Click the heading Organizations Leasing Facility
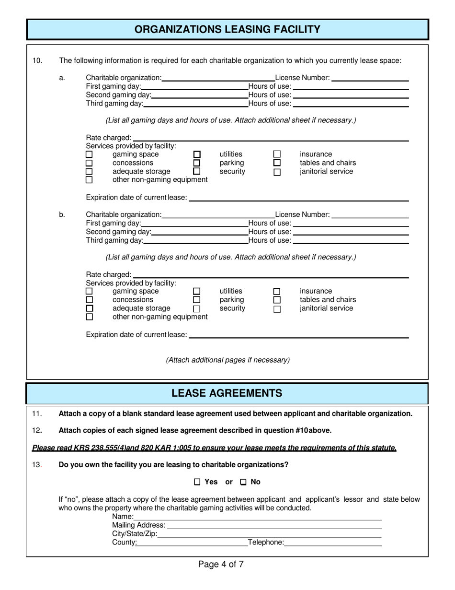click(227, 29)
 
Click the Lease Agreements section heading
click(227, 393)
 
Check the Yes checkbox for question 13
click(197, 482)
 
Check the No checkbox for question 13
click(243, 482)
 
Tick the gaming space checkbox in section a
click(89, 154)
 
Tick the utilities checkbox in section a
click(197, 154)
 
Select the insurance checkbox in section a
click(277, 154)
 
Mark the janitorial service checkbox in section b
click(277, 309)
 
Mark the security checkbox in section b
click(197, 309)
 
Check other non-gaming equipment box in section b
click(89, 317)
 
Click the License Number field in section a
click(370, 77)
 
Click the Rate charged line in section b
click(271, 274)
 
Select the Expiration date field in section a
click(299, 197)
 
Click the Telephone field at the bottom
click(333, 543)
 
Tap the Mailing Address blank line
click(274, 525)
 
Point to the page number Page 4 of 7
click(221, 564)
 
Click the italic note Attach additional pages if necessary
click(227, 360)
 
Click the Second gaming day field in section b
click(199, 232)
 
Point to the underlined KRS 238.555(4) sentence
click(214, 448)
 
